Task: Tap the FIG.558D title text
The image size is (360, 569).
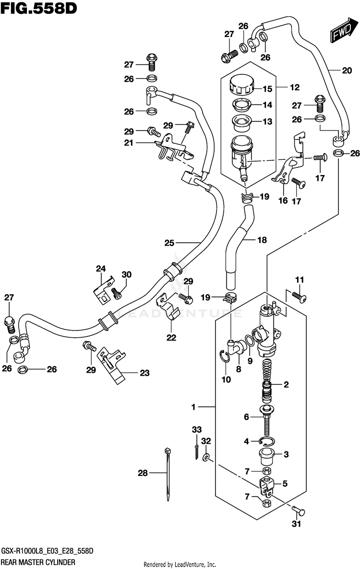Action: [39, 8]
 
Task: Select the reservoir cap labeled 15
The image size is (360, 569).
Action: [241, 84]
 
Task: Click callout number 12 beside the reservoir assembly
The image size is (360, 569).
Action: [295, 87]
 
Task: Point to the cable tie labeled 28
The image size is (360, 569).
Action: [168, 474]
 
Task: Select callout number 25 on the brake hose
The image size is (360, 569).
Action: [169, 243]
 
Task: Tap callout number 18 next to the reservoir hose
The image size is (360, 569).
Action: [262, 240]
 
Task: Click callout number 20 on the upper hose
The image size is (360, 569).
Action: [347, 71]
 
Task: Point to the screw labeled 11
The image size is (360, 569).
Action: [300, 297]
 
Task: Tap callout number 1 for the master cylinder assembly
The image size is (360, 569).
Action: [193, 407]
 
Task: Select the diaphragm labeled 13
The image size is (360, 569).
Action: [241, 123]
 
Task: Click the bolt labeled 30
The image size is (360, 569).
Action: [116, 293]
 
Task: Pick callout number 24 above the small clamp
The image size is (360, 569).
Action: [101, 269]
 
